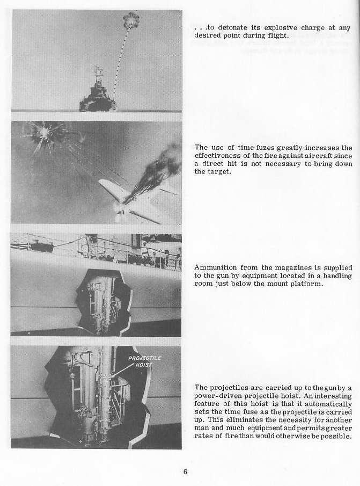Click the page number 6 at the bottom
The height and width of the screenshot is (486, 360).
pyautogui.click(x=185, y=473)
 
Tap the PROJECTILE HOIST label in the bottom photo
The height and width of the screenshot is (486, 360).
pyautogui.click(x=140, y=361)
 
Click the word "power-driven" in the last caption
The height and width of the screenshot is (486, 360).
pyautogui.click(x=221, y=395)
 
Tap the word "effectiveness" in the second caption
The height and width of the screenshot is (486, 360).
pyautogui.click(x=218, y=156)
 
